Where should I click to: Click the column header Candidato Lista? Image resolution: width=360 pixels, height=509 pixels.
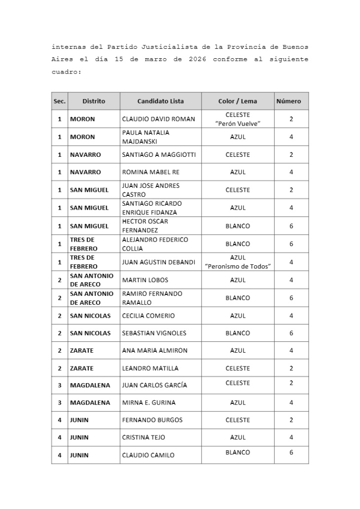[160, 101]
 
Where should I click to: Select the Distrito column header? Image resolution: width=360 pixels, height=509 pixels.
[94, 101]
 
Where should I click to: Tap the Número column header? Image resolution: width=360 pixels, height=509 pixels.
[291, 101]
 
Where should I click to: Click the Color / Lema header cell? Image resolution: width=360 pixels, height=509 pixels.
[238, 101]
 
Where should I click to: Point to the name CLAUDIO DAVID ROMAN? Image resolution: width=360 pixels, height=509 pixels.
[158, 119]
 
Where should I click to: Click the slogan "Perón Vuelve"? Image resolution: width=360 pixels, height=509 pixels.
[238, 123]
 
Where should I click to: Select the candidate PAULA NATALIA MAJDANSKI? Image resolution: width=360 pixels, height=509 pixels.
[145, 137]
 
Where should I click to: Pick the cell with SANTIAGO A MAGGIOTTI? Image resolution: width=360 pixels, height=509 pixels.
[159, 154]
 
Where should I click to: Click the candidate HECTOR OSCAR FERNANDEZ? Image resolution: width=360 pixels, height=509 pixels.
[145, 226]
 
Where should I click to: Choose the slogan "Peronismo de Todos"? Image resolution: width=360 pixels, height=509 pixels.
[238, 266]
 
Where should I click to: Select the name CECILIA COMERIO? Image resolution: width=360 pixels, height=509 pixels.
[148, 316]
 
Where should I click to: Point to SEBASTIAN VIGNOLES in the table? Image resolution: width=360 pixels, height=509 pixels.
[154, 333]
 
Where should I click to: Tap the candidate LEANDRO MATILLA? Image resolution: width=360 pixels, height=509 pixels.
[150, 368]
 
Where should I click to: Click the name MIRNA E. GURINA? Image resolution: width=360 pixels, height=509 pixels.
[148, 402]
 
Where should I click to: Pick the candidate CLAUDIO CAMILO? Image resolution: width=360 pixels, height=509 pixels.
[148, 455]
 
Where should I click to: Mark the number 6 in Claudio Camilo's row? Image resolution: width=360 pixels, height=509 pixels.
[291, 452]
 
